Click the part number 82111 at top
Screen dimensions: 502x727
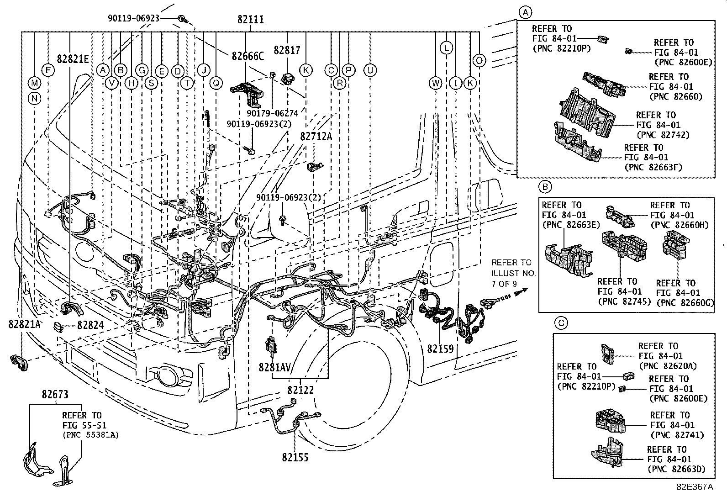(250, 20)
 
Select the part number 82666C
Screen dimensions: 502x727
(248, 56)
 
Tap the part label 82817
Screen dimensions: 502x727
(286, 50)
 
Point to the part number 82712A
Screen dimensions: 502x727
(316, 136)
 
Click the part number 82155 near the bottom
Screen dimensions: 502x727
(295, 457)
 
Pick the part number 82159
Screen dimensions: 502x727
(440, 349)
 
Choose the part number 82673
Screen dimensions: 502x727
(55, 395)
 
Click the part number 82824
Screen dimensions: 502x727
(90, 325)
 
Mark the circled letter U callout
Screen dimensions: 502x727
(370, 70)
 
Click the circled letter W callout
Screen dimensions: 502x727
(436, 83)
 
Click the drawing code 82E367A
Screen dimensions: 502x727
(695, 487)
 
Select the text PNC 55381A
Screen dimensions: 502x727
(90, 435)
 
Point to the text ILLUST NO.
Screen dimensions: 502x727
(513, 273)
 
